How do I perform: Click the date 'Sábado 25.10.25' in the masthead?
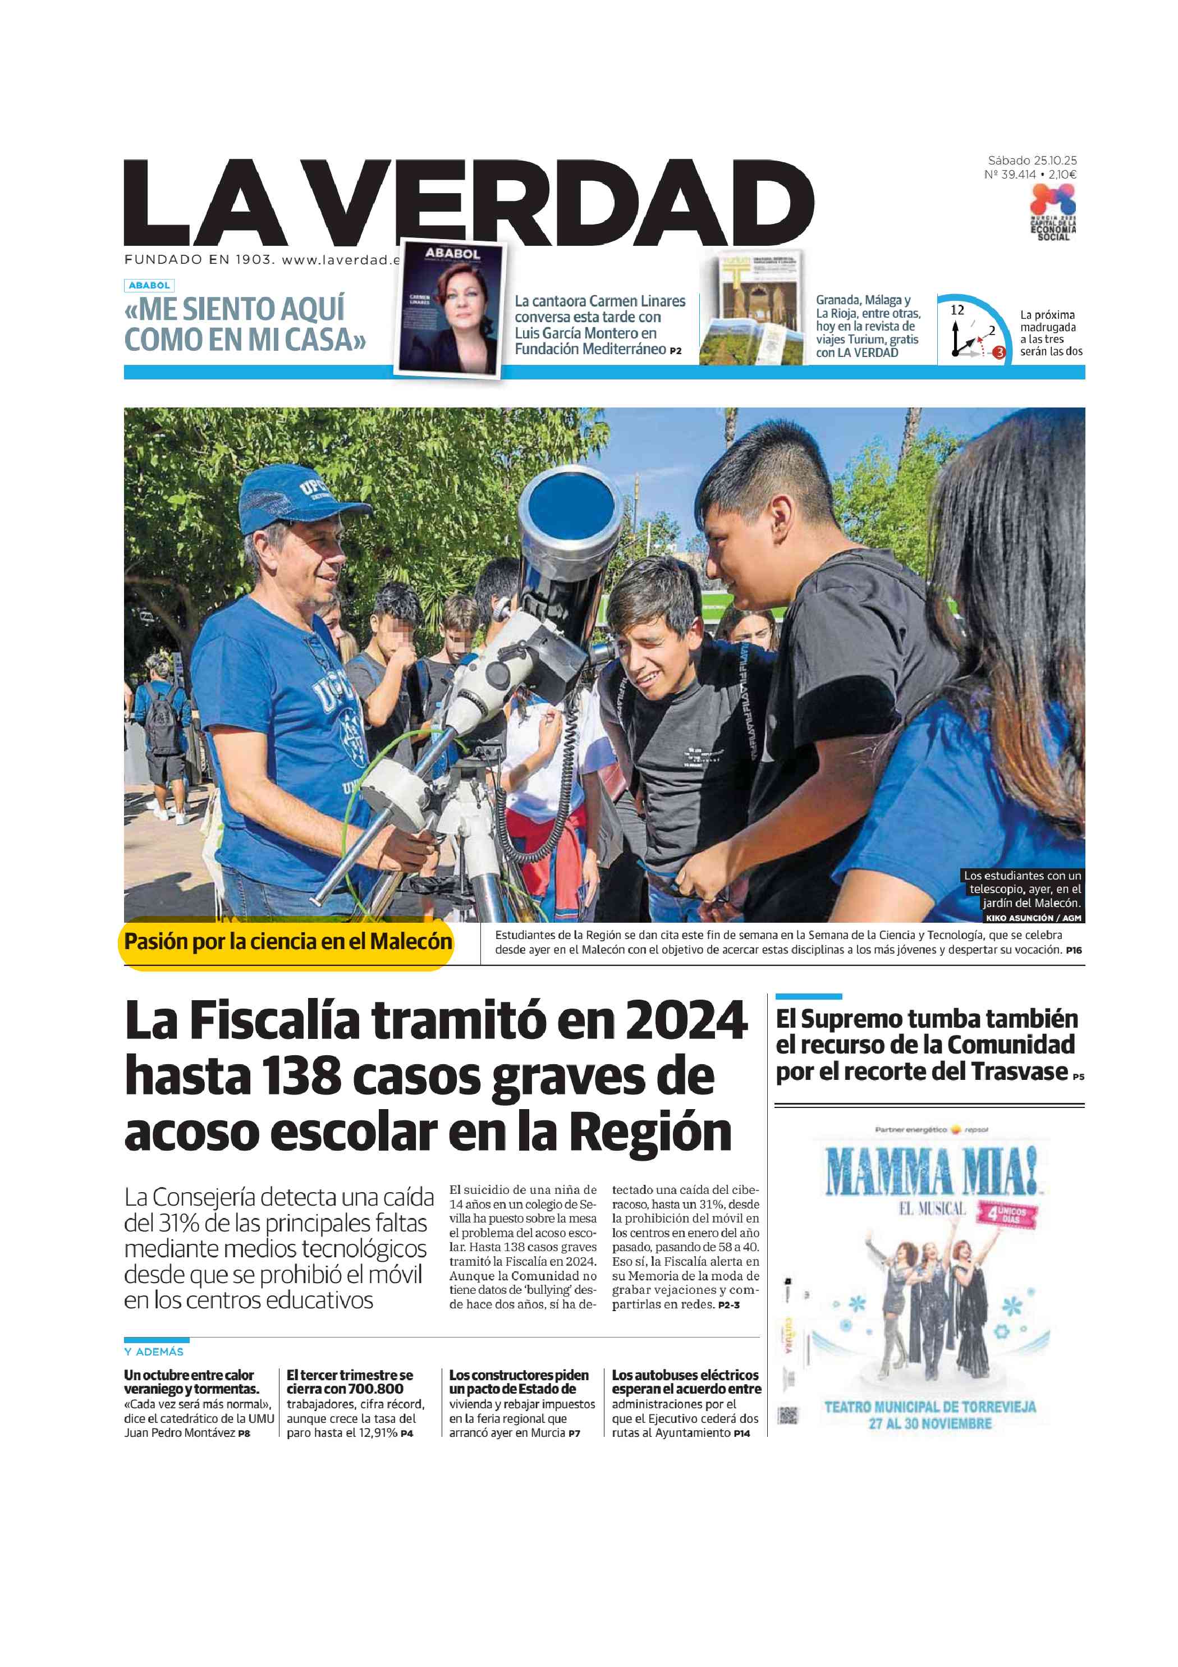(1032, 161)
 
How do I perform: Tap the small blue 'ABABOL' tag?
(149, 285)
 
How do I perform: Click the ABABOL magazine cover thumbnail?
(451, 309)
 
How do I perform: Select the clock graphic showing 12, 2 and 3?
(973, 331)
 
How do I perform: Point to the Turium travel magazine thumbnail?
(753, 309)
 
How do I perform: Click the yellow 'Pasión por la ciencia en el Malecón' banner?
(287, 942)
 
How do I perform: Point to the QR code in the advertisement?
(787, 1416)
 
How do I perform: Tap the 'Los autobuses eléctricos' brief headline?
(685, 1375)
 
